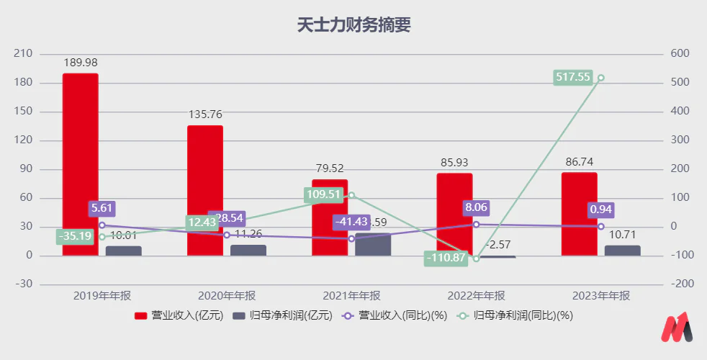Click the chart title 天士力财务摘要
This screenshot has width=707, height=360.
click(353, 25)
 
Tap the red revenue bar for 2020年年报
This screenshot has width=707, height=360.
click(205, 190)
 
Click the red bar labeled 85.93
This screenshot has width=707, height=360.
click(454, 214)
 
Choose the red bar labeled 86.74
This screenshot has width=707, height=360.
click(579, 214)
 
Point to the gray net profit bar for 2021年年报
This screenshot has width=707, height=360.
click(373, 245)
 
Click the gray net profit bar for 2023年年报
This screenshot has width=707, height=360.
click(623, 251)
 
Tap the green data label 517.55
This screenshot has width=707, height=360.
click(573, 77)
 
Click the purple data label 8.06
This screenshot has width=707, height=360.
click(476, 209)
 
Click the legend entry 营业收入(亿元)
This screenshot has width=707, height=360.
click(180, 315)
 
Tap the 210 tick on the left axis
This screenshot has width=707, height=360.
click(24, 54)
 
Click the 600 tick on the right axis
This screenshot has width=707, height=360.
click(680, 54)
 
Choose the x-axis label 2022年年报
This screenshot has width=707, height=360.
click(476, 296)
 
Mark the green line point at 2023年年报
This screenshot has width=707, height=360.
click(600, 78)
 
